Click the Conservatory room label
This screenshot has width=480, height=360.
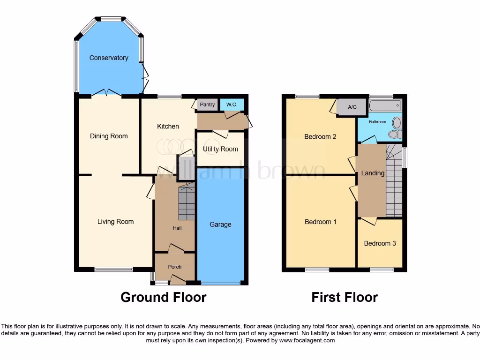click(x=109, y=58)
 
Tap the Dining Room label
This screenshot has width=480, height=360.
click(x=109, y=136)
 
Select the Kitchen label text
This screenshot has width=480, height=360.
click(x=168, y=126)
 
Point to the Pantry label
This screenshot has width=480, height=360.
click(x=207, y=105)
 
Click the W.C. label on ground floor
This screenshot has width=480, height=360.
click(x=232, y=105)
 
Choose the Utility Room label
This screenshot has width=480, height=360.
click(x=220, y=149)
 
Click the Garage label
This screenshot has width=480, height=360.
click(x=220, y=225)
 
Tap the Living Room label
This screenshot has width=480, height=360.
click(x=115, y=222)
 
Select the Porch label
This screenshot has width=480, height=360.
click(x=174, y=267)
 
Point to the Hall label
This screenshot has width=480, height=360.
click(x=177, y=228)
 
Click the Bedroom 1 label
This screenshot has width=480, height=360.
click(x=321, y=222)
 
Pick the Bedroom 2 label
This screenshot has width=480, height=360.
click(x=320, y=137)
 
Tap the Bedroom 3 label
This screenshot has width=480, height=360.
click(x=380, y=243)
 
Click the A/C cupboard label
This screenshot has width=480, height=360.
click(x=352, y=107)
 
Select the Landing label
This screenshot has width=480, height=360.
click(x=373, y=173)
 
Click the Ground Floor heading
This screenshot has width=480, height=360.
click(x=163, y=297)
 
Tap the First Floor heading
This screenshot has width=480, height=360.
click(x=345, y=297)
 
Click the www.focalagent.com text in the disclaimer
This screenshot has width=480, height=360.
click(x=307, y=340)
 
